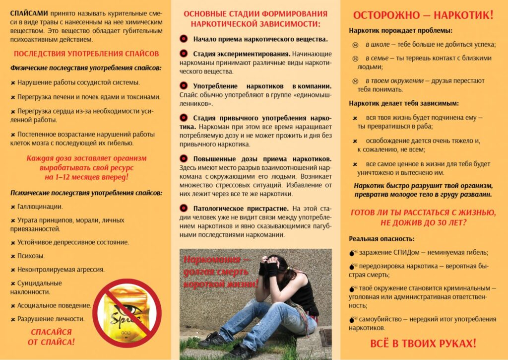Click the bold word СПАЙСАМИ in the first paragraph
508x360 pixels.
point(28,12)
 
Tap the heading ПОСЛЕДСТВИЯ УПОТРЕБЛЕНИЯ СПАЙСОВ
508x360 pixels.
point(86,54)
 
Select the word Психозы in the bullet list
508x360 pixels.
point(31,256)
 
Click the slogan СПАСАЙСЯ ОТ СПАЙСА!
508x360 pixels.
point(51,337)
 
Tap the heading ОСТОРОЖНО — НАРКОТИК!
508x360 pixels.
point(423,15)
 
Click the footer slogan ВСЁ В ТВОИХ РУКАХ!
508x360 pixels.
point(423,343)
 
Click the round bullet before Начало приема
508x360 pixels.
point(184,39)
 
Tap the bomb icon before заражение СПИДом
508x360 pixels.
point(353,253)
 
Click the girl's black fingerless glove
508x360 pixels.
point(271,269)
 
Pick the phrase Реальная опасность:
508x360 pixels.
point(375,238)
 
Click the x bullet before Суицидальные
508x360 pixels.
point(13,284)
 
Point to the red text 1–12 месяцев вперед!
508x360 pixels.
point(86,177)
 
